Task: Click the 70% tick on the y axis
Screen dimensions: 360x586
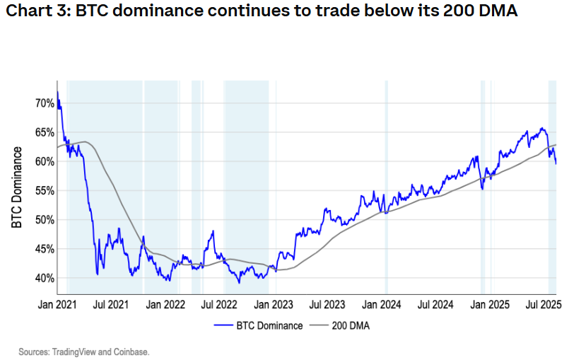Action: [x=45, y=103]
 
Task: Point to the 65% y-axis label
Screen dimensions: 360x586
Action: [x=45, y=132]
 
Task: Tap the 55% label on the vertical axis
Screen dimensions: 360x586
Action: [x=45, y=191]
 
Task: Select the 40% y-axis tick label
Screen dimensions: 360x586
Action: [x=45, y=278]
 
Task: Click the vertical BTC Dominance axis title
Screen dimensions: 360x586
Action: [x=17, y=188]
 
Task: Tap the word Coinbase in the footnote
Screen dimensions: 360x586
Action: [x=133, y=351]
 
